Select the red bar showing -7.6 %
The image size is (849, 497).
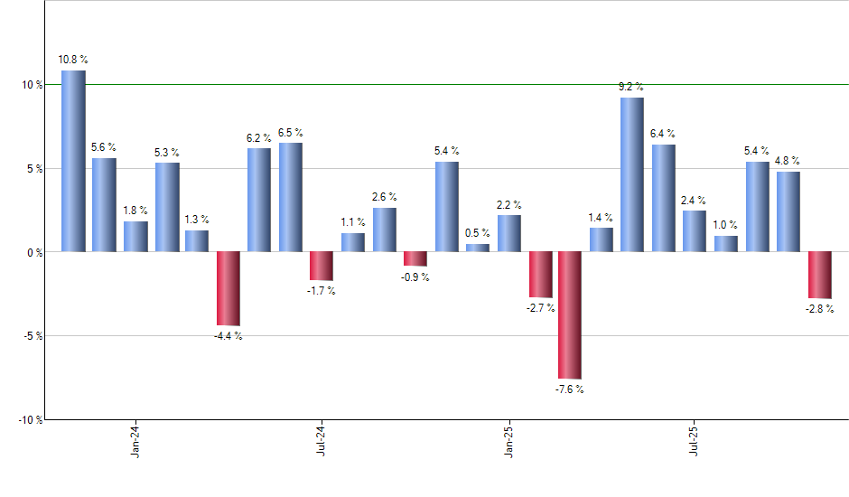570,314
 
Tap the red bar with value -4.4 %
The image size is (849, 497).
229,288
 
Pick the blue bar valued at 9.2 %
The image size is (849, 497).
632,174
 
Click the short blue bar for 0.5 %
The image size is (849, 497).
477,248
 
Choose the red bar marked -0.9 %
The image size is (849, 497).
415,258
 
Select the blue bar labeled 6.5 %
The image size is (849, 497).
291,197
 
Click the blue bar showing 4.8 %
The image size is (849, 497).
788,211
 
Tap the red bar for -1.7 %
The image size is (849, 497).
322,266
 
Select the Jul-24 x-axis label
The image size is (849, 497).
322,442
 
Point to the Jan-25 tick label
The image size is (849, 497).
508,442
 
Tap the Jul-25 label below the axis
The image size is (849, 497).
695,442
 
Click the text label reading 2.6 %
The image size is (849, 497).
385,197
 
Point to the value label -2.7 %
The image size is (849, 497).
540,308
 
